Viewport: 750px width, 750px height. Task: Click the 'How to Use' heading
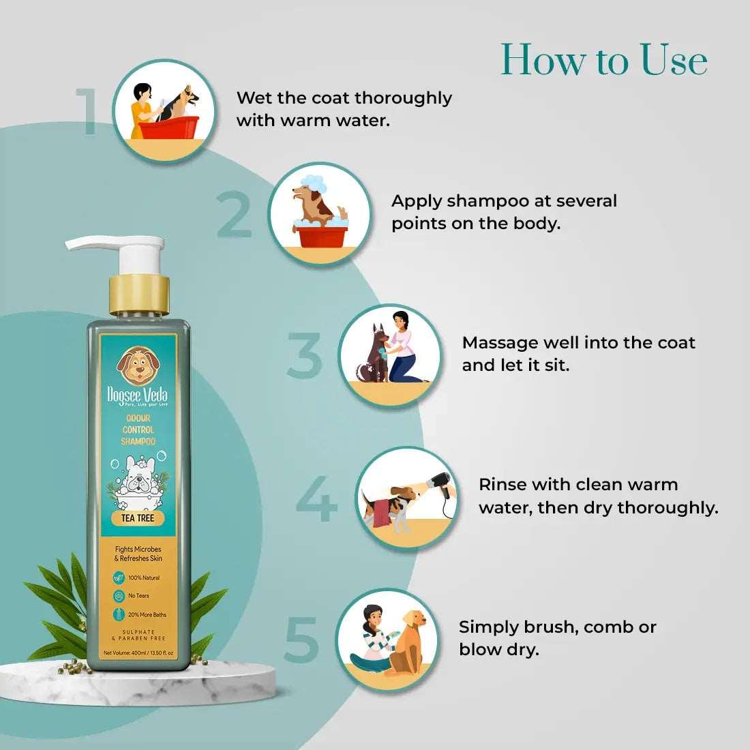click(x=604, y=60)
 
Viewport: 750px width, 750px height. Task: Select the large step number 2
click(x=235, y=215)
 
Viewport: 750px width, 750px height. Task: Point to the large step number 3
click(x=304, y=356)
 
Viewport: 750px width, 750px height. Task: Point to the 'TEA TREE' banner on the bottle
click(x=138, y=518)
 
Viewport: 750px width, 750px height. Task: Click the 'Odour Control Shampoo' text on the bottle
click(x=138, y=430)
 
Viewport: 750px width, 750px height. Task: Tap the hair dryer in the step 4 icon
click(x=443, y=484)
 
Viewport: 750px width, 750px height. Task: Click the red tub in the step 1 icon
click(x=168, y=128)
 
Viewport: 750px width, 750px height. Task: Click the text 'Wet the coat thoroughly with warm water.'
click(x=344, y=108)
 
